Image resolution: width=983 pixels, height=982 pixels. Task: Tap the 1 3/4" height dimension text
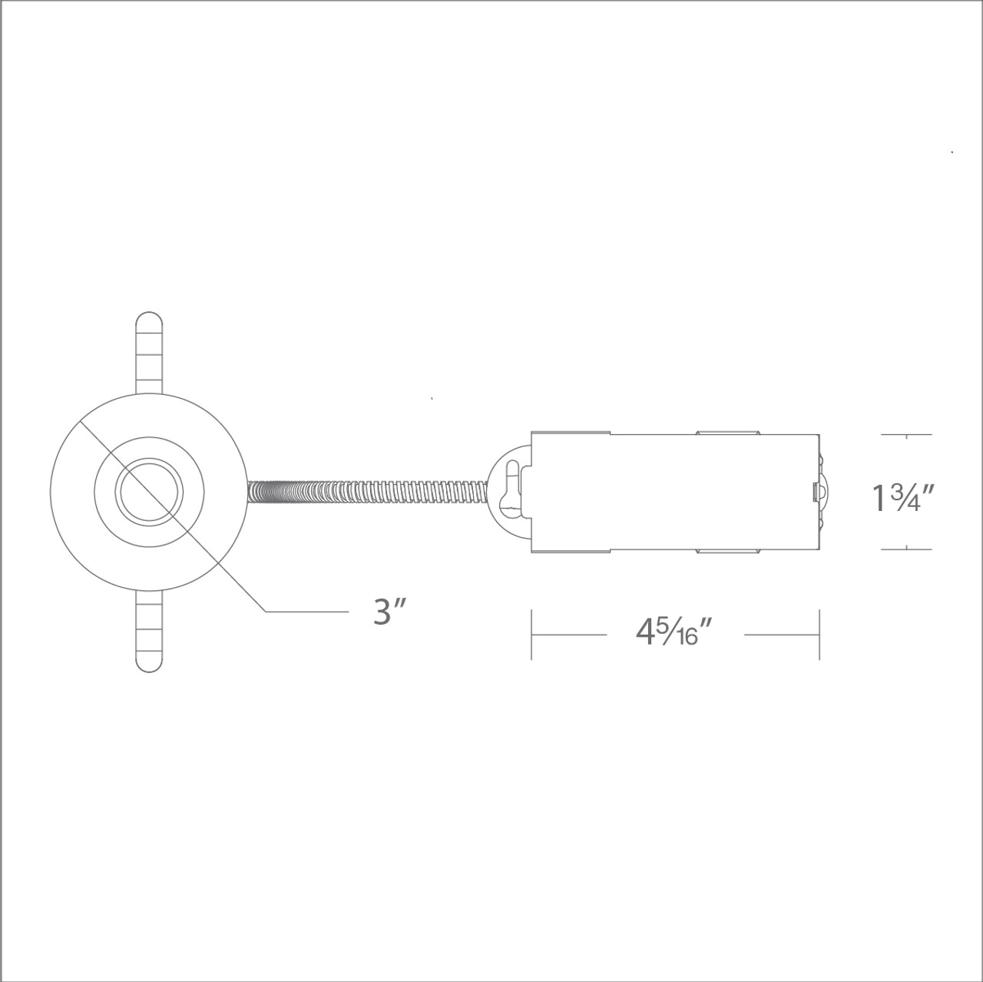point(902,498)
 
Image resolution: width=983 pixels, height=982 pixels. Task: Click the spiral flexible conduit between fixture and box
point(369,492)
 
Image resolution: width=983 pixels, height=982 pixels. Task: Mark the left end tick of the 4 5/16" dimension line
point(531,635)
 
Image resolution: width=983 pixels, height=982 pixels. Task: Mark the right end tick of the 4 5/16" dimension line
point(819,635)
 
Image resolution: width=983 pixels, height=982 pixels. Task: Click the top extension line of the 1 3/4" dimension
point(907,435)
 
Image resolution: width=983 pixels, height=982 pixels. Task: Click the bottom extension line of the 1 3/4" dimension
point(907,549)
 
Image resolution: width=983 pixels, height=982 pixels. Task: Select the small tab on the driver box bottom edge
point(726,552)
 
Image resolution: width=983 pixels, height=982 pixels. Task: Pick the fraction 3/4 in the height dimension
point(902,498)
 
